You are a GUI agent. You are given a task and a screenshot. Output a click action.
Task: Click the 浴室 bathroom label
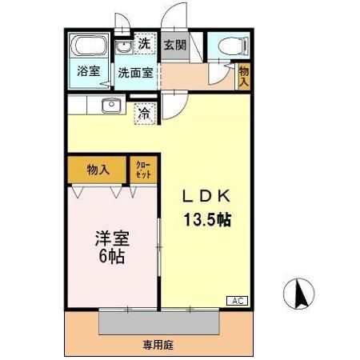coord(88,71)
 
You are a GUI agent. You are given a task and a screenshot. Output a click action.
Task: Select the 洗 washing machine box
coord(144,43)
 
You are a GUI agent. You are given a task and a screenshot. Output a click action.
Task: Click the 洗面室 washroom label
coord(135,72)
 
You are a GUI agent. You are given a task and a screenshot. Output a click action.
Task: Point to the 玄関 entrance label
coord(175,45)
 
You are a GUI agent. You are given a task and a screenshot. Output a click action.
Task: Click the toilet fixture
coord(230,46)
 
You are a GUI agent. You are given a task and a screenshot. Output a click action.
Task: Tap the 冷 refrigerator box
coord(144,114)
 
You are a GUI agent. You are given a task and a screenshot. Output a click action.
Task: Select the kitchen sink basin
coord(110,106)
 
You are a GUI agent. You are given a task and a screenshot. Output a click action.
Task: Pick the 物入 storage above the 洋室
coord(98,170)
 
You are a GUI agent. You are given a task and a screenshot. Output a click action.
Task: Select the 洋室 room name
coord(111,238)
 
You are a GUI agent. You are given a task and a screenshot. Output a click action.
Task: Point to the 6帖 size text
coord(111,258)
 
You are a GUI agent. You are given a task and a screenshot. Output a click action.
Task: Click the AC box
coord(238,300)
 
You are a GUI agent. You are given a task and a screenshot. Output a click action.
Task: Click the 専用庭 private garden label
coord(158,346)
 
